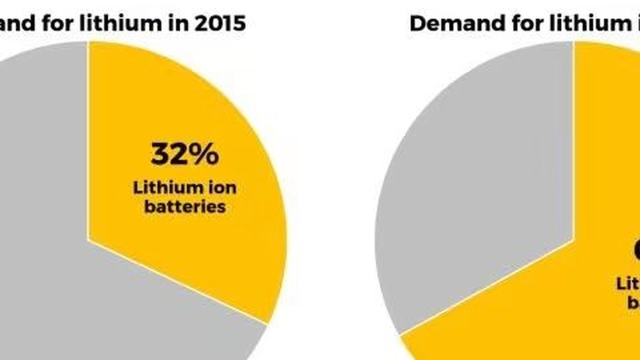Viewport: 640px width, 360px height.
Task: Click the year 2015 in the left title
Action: [220, 23]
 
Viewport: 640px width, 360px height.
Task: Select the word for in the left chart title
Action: [69, 23]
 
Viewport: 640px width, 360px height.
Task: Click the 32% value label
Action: [184, 154]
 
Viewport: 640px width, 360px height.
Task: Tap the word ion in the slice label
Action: [219, 188]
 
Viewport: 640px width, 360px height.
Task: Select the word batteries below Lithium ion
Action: [184, 206]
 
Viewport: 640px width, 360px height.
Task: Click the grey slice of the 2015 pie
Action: [40, 200]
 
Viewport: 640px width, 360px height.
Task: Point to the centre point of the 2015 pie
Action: [88, 240]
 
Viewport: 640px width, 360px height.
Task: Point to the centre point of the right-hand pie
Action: [573, 240]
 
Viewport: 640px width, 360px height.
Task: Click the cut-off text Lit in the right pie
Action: [627, 284]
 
